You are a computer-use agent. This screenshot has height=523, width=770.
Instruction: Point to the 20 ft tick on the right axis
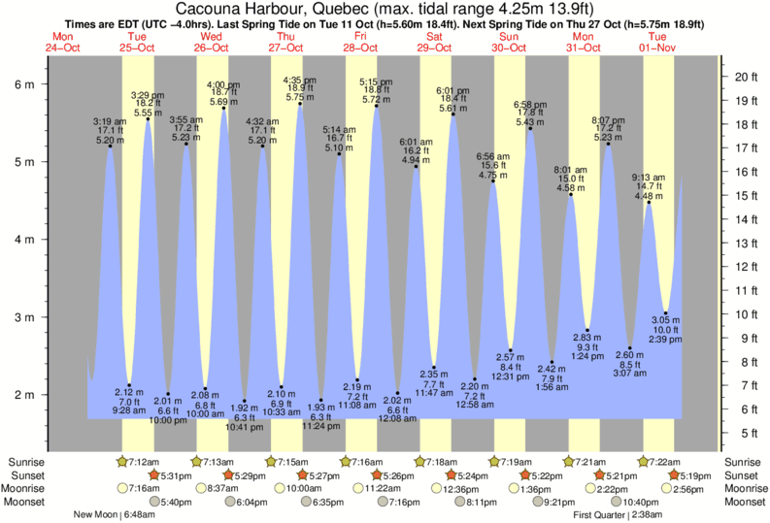744,77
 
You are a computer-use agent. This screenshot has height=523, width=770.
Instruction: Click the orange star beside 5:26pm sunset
379,475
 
